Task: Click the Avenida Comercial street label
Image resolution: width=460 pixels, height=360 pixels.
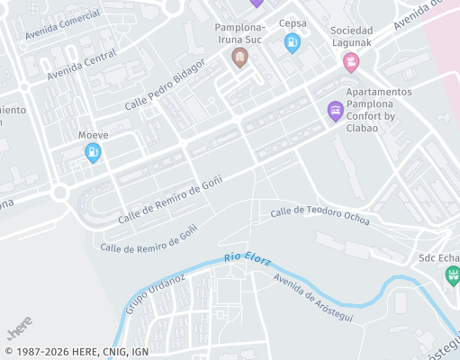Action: pos(62,26)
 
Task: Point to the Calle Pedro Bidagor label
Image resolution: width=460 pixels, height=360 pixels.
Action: pos(166,85)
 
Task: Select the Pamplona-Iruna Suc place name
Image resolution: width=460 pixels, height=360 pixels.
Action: pos(239,34)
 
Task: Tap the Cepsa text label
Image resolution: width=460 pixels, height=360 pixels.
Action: pos(293,23)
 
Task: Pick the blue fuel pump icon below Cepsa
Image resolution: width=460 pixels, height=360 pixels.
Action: pos(292,42)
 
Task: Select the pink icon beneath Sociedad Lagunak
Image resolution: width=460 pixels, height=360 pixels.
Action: pos(350,62)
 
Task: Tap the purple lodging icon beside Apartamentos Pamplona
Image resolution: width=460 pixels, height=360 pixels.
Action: pos(335,111)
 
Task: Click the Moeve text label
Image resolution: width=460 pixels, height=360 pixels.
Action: pos(93,135)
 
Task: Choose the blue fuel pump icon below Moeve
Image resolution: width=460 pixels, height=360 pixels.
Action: pos(92,153)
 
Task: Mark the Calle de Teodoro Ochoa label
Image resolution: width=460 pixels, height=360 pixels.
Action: pos(320,217)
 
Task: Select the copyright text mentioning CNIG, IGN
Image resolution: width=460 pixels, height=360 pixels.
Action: pos(77,351)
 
